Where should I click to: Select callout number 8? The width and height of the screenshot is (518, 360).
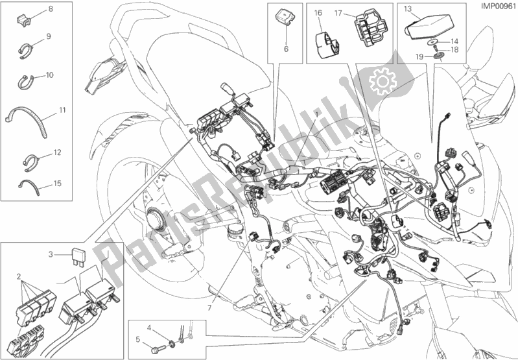pyautogui.click(x=51, y=8)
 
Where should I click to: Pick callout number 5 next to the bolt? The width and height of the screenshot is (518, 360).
pyautogui.click(x=137, y=339)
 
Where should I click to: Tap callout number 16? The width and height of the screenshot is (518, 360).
pyautogui.click(x=318, y=12)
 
